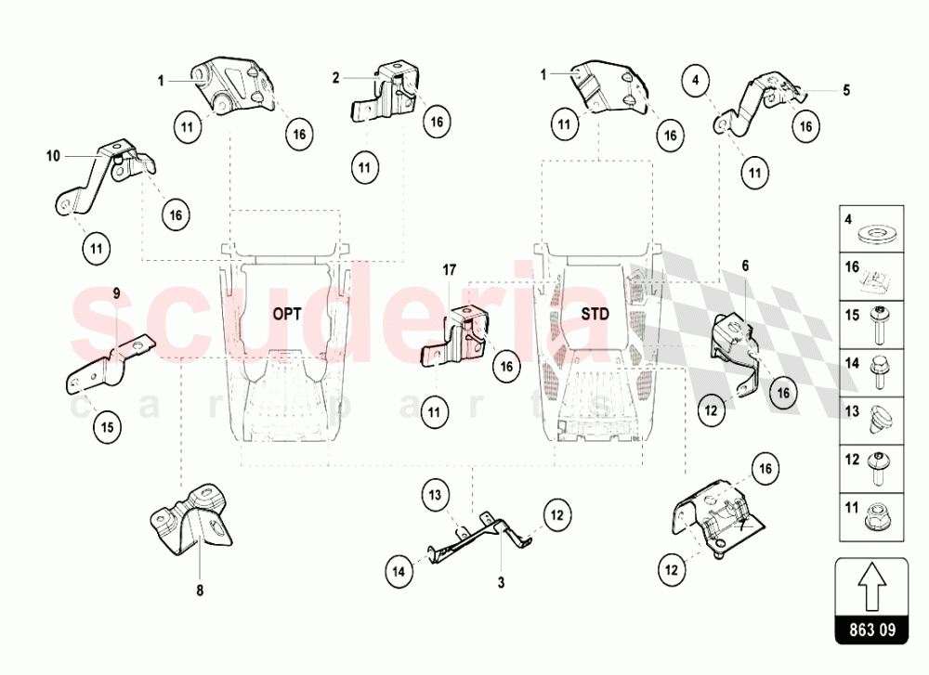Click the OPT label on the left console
287,314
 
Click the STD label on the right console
595,314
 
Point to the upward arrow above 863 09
871,586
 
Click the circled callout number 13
436,494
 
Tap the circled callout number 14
399,571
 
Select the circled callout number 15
107,427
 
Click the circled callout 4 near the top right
696,80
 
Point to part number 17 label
450,270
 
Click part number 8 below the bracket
200,591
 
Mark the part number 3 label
502,583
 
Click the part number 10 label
53,156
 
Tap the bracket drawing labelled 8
190,519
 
